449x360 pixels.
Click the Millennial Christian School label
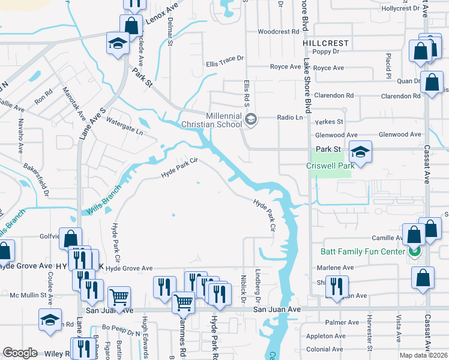tap(224, 119)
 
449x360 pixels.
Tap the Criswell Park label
tap(328, 164)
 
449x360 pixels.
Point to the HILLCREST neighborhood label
tap(325, 43)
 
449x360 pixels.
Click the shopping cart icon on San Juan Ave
tap(183, 303)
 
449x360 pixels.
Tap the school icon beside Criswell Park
tap(361, 152)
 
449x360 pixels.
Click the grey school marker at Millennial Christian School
tap(251, 120)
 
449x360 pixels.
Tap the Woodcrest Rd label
tap(278, 31)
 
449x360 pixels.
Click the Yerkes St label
tap(330, 121)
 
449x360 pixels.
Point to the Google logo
tap(20, 353)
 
